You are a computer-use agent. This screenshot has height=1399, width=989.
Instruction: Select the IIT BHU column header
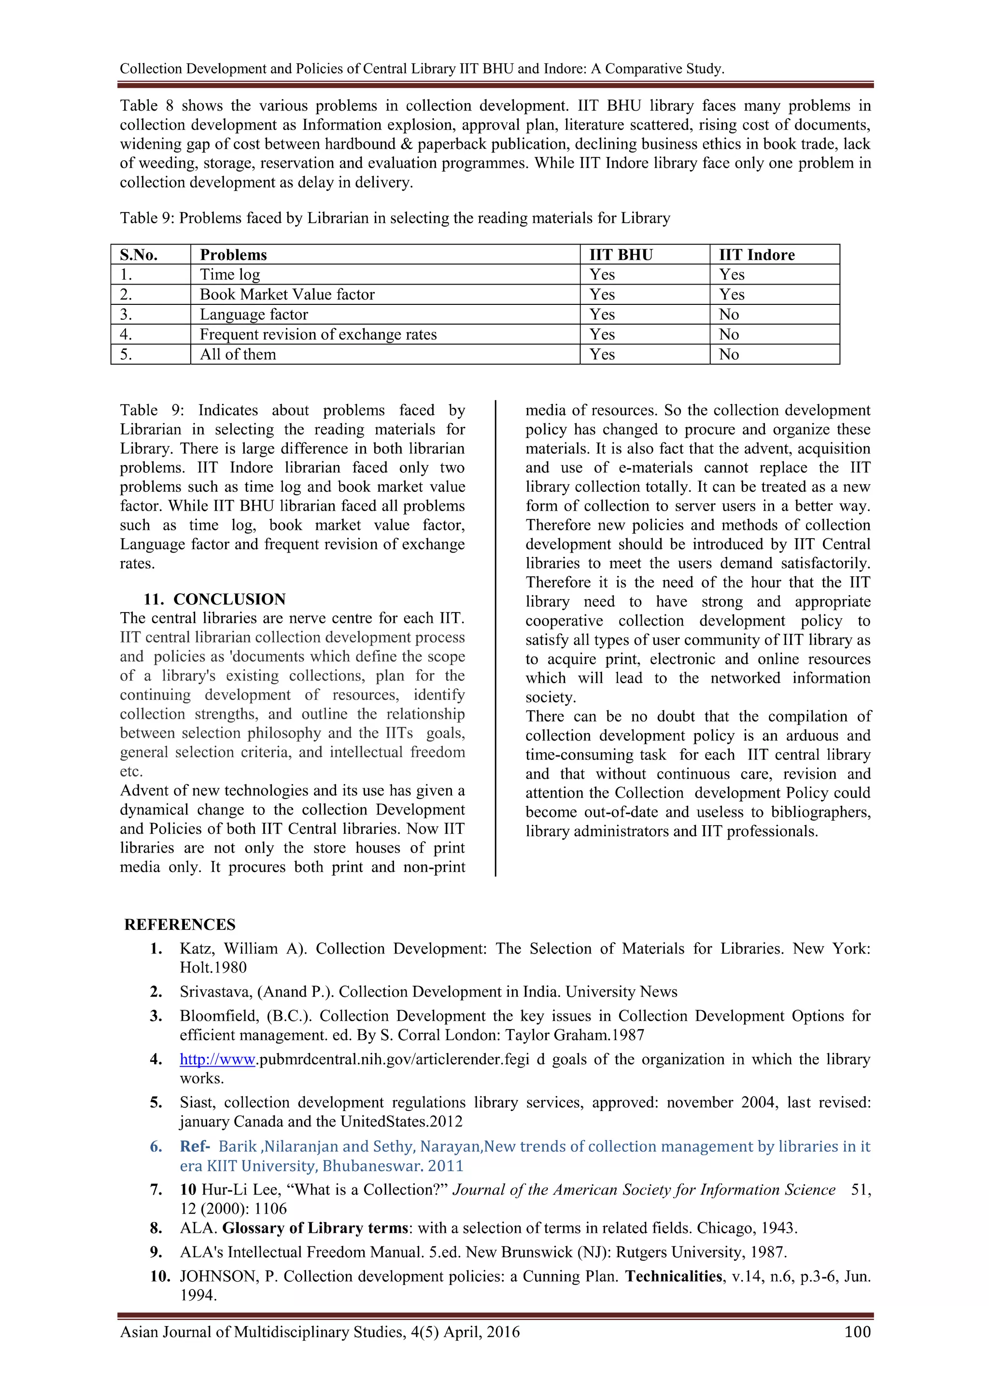621,255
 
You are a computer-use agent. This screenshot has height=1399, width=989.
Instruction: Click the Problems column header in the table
233,255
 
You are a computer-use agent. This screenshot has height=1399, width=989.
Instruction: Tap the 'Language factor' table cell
254,314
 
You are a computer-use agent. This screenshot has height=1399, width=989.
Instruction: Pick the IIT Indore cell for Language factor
729,314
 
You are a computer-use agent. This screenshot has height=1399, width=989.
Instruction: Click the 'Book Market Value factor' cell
287,294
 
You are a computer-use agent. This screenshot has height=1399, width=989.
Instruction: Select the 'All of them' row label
238,355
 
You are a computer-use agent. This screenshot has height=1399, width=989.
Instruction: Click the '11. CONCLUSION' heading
214,599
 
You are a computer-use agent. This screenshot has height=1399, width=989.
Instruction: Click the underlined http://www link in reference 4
217,1059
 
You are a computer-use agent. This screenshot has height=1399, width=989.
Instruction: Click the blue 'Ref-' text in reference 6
195,1146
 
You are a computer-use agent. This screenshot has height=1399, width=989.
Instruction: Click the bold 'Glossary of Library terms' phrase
314,1228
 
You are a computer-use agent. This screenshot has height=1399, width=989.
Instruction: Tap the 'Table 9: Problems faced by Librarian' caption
395,218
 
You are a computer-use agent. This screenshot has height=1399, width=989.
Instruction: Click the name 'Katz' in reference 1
196,949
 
